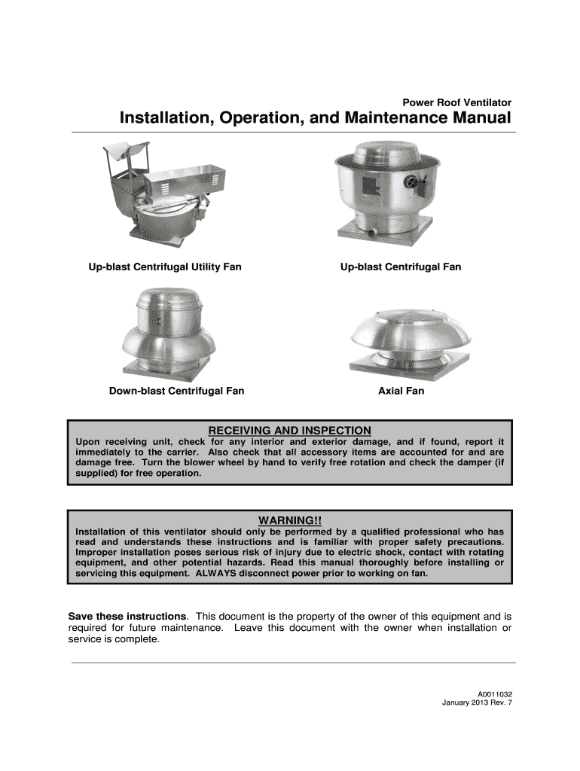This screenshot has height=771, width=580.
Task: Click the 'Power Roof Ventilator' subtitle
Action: (457, 102)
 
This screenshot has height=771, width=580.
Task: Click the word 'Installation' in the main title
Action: (166, 119)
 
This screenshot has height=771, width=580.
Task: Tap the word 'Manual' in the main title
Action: (481, 119)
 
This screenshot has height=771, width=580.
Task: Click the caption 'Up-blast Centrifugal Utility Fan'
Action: (165, 267)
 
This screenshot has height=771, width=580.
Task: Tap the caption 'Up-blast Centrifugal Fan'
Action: (400, 267)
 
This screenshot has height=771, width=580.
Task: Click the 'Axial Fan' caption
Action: (401, 392)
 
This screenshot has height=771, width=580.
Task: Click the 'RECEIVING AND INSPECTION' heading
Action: (289, 430)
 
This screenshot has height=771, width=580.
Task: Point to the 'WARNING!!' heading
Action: (290, 521)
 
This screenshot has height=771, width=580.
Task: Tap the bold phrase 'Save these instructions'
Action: (127, 615)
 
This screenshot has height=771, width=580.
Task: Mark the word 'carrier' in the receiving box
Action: (175, 452)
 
